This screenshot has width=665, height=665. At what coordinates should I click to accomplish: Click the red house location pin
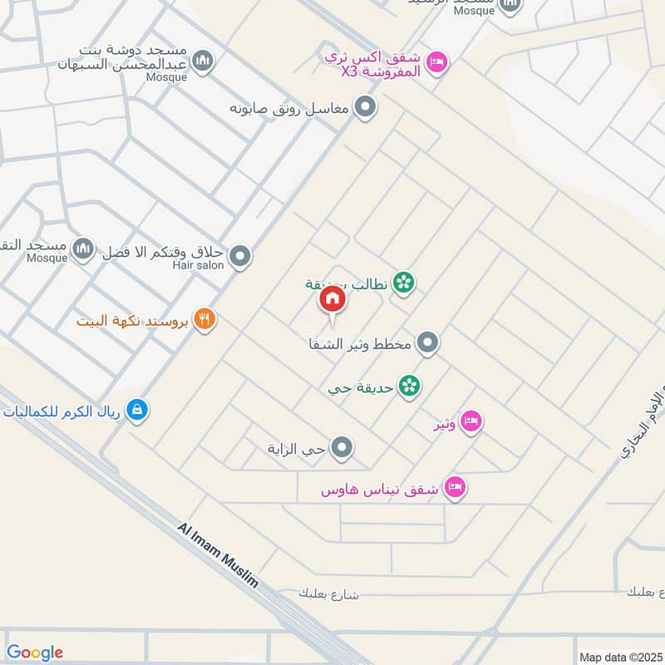click(x=332, y=300)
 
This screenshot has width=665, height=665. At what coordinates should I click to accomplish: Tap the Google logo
click(x=34, y=653)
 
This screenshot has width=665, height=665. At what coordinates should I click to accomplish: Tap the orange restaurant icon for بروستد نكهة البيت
click(x=204, y=318)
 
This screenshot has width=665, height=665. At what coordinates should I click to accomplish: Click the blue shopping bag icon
click(x=138, y=409)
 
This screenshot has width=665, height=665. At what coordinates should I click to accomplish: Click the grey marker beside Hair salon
click(x=240, y=257)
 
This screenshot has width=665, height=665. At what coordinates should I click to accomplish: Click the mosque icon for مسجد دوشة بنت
click(x=202, y=61)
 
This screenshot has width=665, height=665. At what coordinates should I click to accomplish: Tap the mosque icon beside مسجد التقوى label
click(x=82, y=248)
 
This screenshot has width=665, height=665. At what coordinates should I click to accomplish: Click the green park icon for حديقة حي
click(x=408, y=386)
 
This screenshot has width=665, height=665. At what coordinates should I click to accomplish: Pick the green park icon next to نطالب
click(x=404, y=283)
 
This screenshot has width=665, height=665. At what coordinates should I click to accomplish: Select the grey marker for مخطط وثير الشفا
click(x=427, y=342)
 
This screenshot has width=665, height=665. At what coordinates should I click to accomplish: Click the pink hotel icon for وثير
click(x=470, y=421)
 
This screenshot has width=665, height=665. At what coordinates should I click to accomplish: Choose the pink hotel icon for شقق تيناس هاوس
click(x=455, y=487)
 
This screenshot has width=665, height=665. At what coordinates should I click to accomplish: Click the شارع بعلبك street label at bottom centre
click(x=330, y=594)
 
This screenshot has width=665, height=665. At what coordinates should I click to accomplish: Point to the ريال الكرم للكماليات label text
click(x=63, y=410)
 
